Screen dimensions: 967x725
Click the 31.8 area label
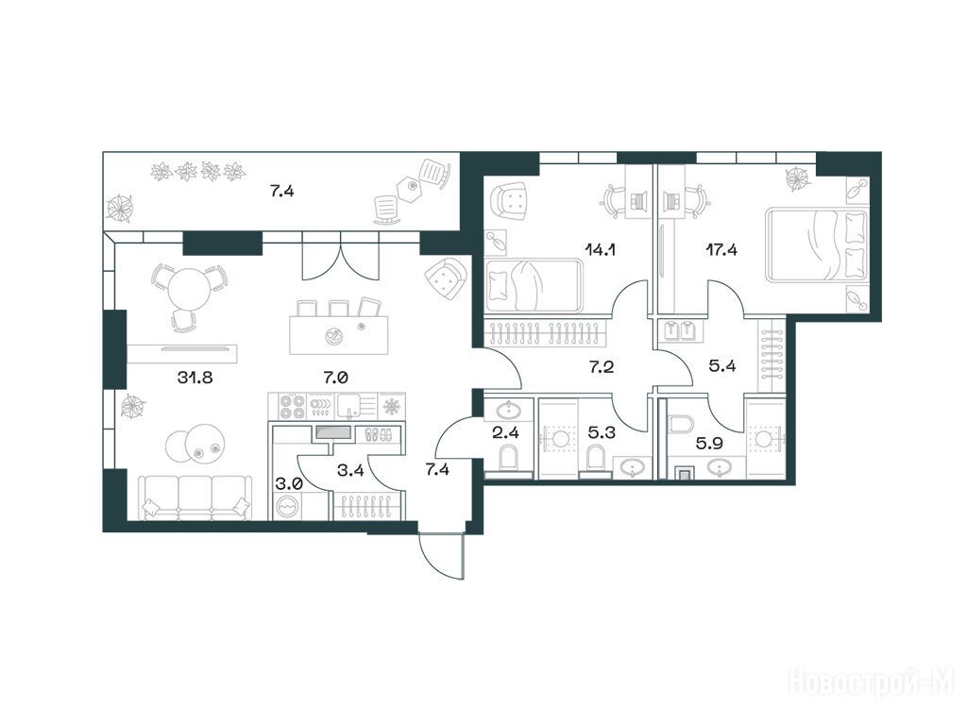point(195,377)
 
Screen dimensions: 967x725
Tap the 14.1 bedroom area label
point(601,249)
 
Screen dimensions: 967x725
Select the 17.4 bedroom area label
point(721,249)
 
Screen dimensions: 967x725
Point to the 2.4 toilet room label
point(505,432)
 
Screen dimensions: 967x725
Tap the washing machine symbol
point(286,508)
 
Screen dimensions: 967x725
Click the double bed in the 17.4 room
point(817,244)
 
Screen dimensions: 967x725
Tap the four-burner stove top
point(294,406)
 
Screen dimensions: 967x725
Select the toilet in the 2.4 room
point(508,458)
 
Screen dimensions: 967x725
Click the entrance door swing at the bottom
point(440,555)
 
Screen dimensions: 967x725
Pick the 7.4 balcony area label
point(281,191)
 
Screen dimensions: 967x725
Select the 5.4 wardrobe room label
point(721,366)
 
